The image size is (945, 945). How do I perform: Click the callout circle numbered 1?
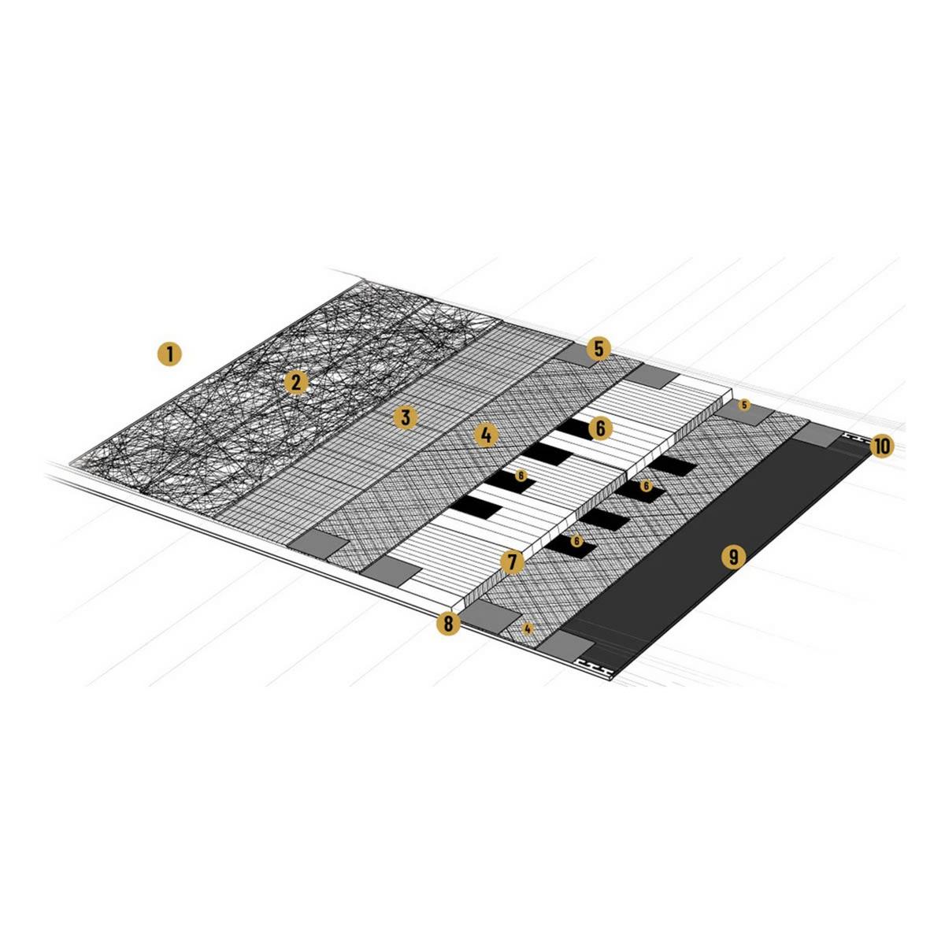coord(169,354)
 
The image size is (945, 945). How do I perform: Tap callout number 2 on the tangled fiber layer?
coord(296,382)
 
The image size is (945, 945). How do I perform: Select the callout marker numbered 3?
coord(406,418)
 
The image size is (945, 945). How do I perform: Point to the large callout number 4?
coord(486,435)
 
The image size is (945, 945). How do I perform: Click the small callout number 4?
coord(527,628)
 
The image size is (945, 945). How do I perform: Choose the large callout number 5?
coord(598,349)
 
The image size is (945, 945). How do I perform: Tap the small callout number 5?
coord(744,405)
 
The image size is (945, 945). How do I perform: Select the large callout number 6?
coord(601,428)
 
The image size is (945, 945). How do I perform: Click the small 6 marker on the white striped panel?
coord(521,475)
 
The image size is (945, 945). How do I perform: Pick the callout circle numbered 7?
coord(513,562)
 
